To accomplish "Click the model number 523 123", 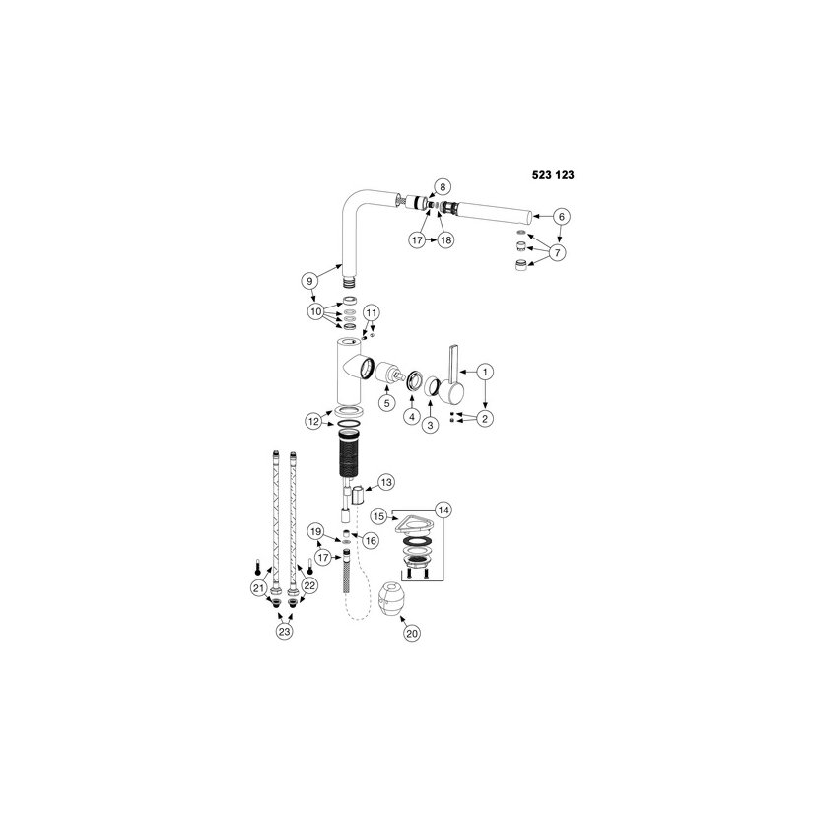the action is click(x=553, y=175).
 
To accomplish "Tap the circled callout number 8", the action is click(x=443, y=187).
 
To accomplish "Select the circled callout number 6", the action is click(x=562, y=216).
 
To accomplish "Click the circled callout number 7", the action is click(x=557, y=252).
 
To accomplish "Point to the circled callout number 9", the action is click(x=309, y=281).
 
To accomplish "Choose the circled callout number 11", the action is click(x=371, y=312).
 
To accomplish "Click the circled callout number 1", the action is click(x=485, y=372).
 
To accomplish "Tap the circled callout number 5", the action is click(x=386, y=403).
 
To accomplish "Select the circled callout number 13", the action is click(x=386, y=483).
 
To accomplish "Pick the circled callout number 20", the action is click(x=412, y=634).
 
